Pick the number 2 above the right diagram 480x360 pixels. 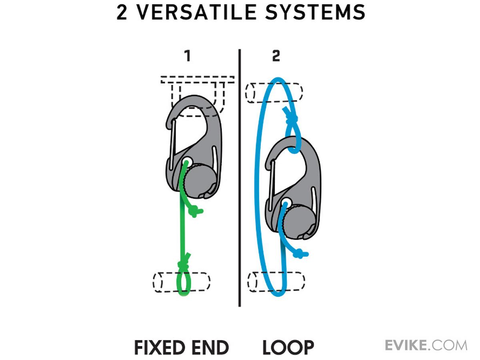coord(276,56)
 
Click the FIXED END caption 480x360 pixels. coord(181,348)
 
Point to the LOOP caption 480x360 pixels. coord(288,348)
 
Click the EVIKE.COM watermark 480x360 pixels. coord(426,345)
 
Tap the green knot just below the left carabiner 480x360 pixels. coord(195,211)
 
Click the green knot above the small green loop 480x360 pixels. coord(184,264)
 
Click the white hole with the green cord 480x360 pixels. coord(187,161)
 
